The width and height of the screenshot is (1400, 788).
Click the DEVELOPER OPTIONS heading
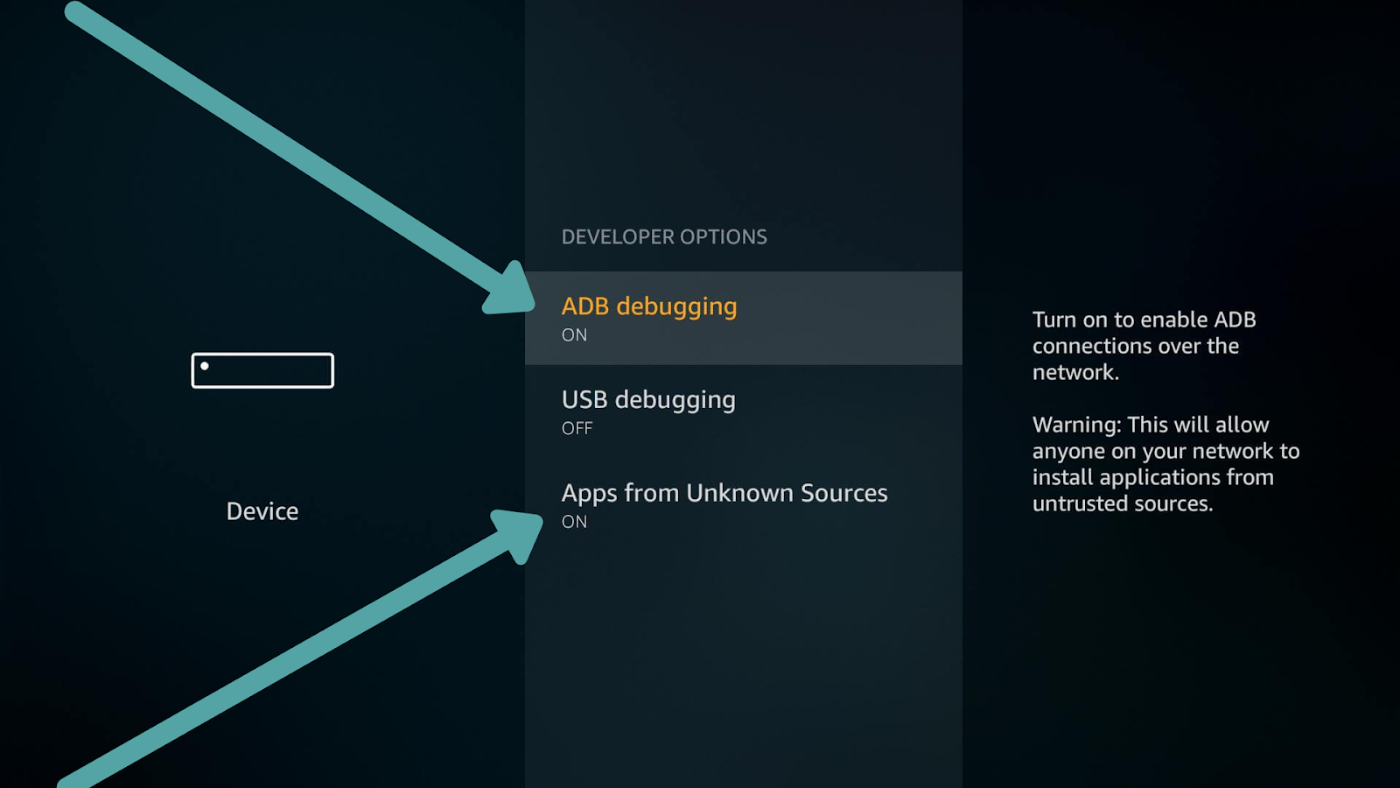(664, 237)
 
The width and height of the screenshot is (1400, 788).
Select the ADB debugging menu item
(649, 306)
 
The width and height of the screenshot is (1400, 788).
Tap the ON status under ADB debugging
(574, 335)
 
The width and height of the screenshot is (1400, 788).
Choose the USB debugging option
(648, 400)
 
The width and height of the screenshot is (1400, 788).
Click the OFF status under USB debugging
(577, 429)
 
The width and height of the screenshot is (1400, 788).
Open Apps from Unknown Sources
(724, 493)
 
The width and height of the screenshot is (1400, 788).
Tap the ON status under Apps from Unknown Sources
(574, 522)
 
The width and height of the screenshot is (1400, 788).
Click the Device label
(262, 511)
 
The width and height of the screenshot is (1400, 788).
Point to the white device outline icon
(262, 370)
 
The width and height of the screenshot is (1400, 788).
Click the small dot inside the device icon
(205, 366)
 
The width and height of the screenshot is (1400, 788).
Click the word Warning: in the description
(1076, 426)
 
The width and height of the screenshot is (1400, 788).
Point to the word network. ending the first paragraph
(1075, 373)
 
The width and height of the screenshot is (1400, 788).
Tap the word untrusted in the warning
(1073, 504)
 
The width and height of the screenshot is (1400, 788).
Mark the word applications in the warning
(1161, 478)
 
